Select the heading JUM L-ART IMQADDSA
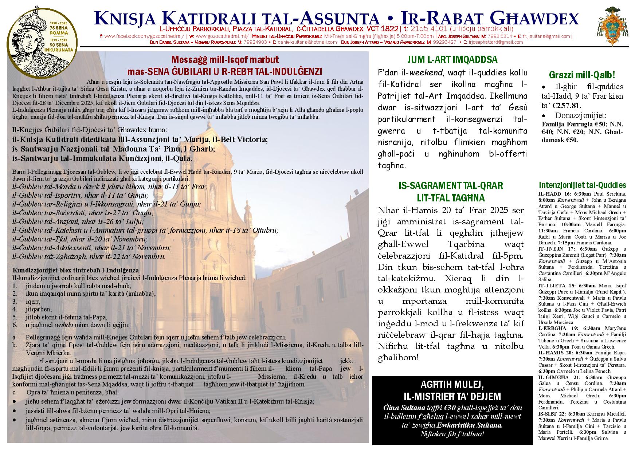[452, 60]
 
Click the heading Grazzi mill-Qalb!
[582, 75]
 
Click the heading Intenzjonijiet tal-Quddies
[582, 185]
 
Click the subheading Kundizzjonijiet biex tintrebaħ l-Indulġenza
[75, 270]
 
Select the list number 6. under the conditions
[15, 325]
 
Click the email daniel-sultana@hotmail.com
[307, 42]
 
